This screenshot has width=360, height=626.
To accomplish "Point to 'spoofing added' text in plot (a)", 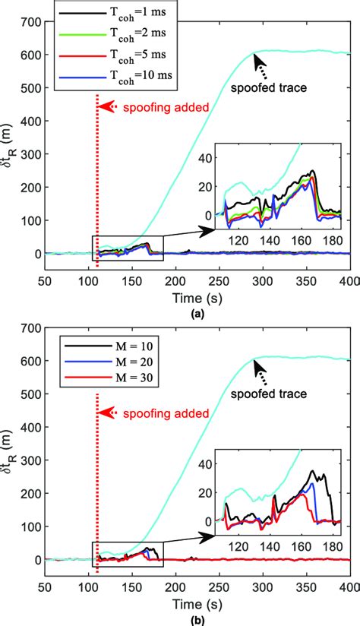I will [155, 107].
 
